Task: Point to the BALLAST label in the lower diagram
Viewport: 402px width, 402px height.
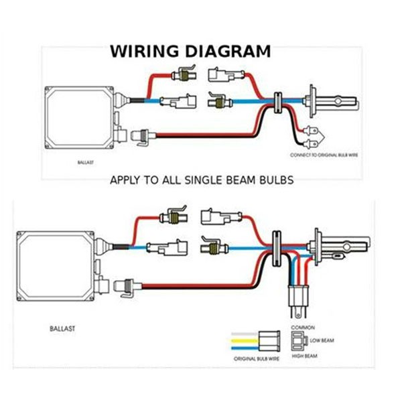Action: [x=64, y=329]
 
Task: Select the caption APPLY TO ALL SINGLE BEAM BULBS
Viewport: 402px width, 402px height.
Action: [x=202, y=180]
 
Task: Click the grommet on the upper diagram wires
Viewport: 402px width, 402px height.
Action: [x=275, y=103]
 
